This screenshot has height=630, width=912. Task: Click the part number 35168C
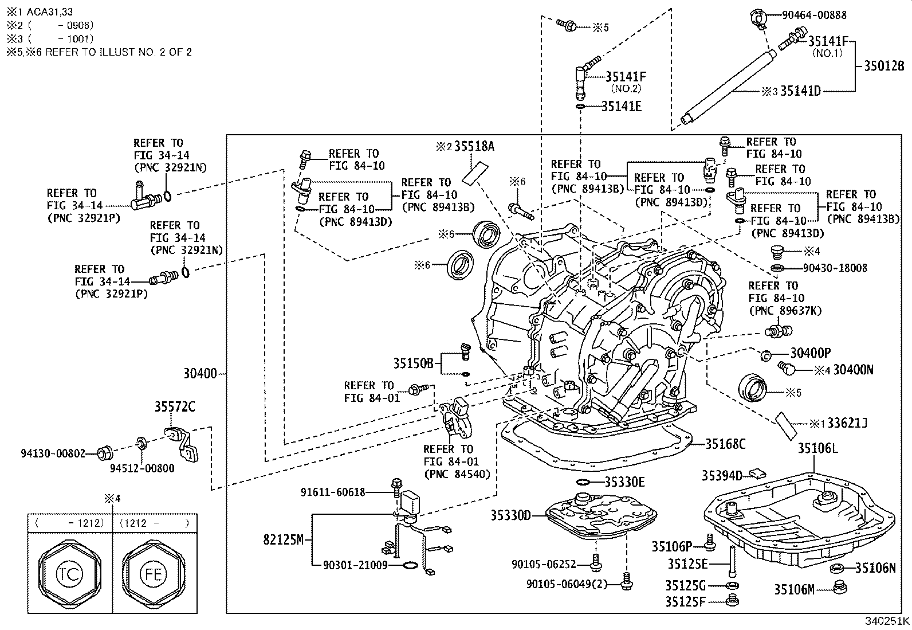725,444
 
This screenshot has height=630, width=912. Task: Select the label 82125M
284,539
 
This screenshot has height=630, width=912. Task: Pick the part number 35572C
175,407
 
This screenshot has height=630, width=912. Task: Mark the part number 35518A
474,146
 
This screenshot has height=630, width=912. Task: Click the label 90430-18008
835,268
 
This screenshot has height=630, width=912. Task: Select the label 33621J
847,424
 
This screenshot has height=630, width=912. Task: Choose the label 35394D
722,475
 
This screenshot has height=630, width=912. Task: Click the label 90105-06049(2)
572,584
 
